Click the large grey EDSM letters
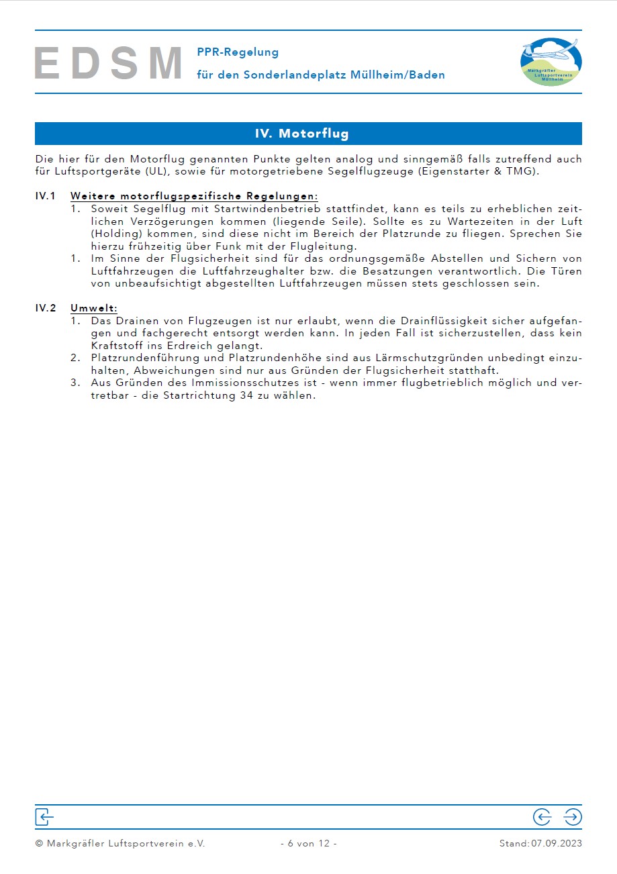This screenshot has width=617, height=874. pos(109,64)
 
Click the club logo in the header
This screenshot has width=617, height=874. pos(551,62)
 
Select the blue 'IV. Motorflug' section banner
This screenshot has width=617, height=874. pos(308,134)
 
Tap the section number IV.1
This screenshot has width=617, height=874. pos(45,196)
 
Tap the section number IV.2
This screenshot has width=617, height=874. pos(45,308)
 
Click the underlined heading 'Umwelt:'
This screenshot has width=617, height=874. pos(94,308)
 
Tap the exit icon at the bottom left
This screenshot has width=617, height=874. pos(44,817)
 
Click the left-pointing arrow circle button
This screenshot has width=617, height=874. pos(542,817)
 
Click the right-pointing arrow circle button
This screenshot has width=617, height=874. pos(573,817)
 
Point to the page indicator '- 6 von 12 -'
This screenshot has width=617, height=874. pos(308,844)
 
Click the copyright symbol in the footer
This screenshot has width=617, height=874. pos(39,844)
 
